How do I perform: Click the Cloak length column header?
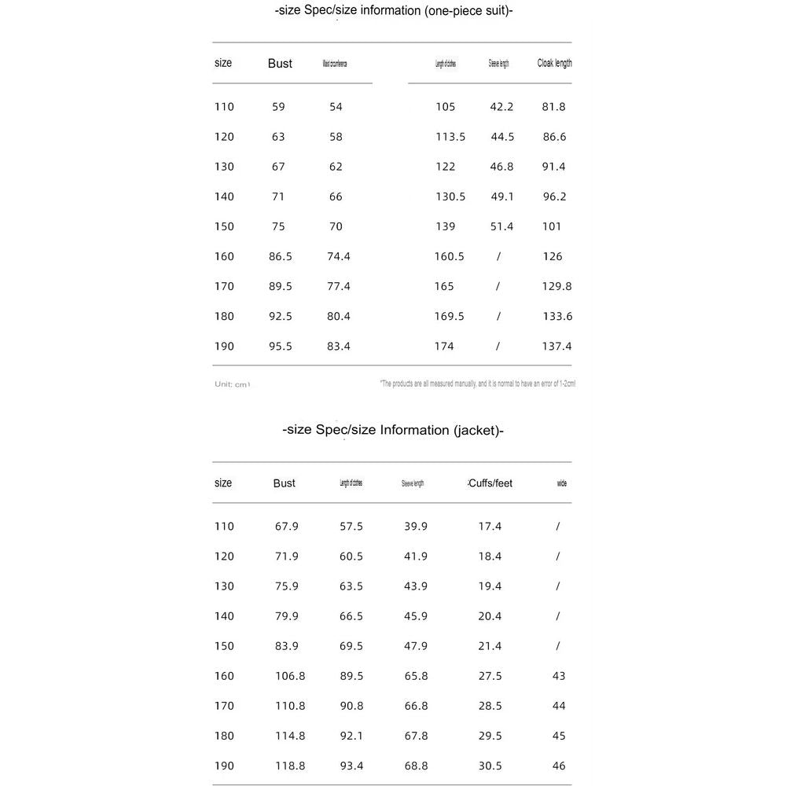coord(554,63)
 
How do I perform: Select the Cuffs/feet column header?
coord(490,483)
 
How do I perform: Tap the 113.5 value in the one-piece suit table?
coord(450,137)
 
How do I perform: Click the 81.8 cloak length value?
coord(553,107)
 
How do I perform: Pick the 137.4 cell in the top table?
coord(556,346)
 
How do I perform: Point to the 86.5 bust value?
coord(281,256)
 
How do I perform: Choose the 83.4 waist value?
coord(338,346)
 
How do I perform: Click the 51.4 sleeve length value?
coord(501,226)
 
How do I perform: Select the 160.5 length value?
coord(449,256)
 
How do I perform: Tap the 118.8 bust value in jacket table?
coord(290,766)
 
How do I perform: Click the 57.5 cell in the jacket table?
coord(351,527)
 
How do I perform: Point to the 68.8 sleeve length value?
coord(416,766)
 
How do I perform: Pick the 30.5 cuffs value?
coord(490,766)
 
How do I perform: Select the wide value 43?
coord(559,676)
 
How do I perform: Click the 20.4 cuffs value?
coord(490,616)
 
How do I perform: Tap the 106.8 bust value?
coord(290,676)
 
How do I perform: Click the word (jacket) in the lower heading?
coord(478,430)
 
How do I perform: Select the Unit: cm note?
coord(232,384)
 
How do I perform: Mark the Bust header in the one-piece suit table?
coord(280,64)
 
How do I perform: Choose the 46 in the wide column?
coord(559,766)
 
